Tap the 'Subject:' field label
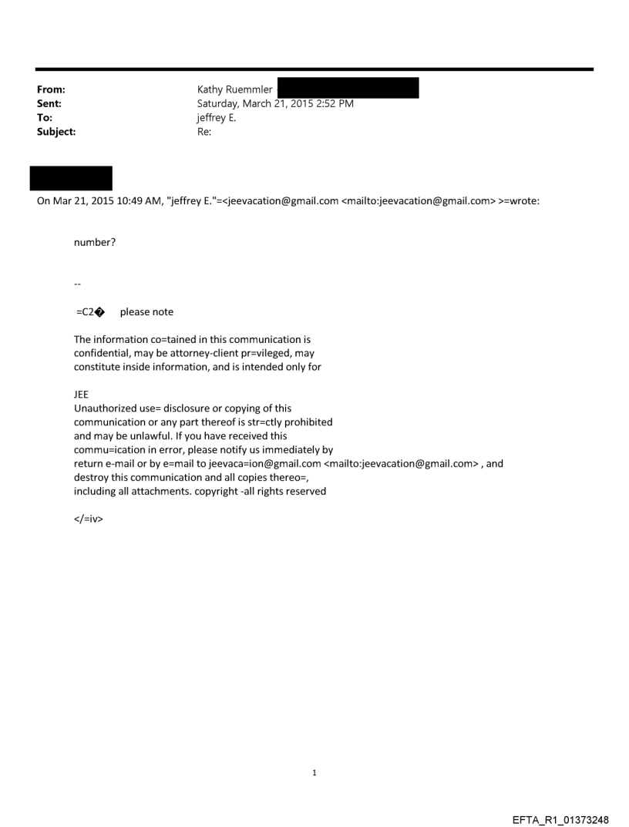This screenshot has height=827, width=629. pos(54,131)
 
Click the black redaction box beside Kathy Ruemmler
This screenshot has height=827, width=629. pos(348,87)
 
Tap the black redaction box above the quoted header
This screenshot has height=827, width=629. pos(71,178)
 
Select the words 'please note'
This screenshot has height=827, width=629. pos(146,312)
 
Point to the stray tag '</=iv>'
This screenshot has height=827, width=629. pos(89,519)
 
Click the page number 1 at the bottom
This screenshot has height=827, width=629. pos(314,772)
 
